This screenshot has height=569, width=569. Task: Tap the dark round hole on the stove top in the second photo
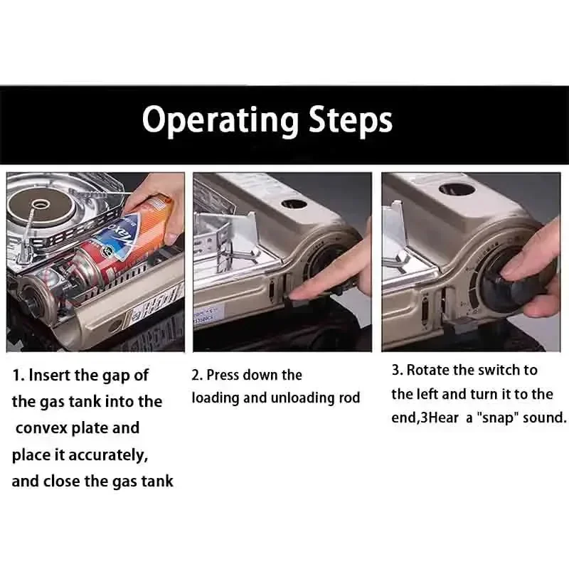(x=294, y=203)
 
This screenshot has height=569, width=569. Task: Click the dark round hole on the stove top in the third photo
(x=457, y=190)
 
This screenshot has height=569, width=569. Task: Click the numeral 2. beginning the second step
(x=197, y=376)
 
